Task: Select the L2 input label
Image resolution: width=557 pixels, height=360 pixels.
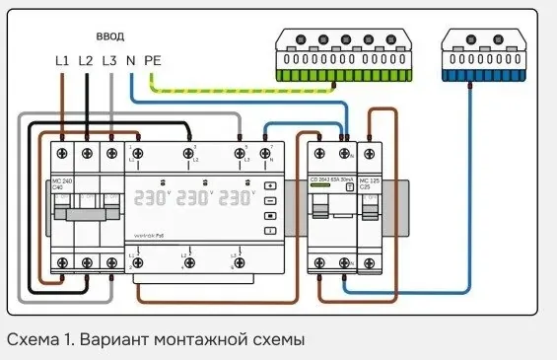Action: tap(87, 60)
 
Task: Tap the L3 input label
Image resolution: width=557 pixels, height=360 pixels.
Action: tap(109, 60)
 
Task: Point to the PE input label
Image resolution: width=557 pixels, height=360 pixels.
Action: tap(153, 60)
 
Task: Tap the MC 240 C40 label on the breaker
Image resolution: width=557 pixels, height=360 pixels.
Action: tap(62, 185)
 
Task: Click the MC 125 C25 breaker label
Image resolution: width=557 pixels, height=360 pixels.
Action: tap(369, 182)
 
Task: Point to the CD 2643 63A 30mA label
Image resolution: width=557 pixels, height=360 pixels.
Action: tap(330, 180)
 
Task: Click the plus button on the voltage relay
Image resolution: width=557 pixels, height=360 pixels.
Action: tap(270, 185)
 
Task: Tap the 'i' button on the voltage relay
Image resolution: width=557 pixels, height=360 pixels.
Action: tap(270, 231)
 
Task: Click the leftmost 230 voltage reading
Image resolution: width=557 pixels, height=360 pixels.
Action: tap(152, 198)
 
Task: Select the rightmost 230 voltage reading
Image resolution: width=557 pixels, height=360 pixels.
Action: tap(236, 198)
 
